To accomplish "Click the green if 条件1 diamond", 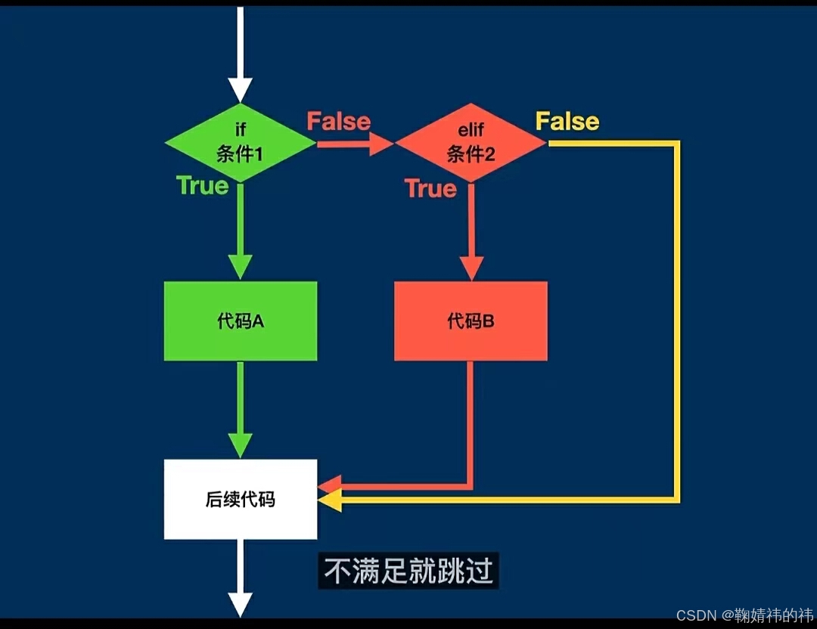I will [240, 143].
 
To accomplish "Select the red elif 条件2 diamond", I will [470, 143].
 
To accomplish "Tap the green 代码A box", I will [241, 321].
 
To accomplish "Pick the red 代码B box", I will [471, 321].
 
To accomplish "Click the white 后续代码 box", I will [241, 499].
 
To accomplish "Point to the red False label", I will [338, 122].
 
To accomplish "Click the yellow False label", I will [567, 121].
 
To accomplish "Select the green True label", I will [202, 185].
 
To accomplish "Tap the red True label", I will [430, 188].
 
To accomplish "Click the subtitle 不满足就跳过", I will [408, 571].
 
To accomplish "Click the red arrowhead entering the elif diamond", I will [381, 144].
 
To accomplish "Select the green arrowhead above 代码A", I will [241, 267].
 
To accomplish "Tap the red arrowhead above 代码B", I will [471, 267].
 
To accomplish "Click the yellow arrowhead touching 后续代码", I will [330, 500].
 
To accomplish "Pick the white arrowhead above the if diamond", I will [240, 90].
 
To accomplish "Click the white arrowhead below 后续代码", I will [240, 604].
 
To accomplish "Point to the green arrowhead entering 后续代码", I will [241, 445].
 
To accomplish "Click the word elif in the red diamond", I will [471, 131].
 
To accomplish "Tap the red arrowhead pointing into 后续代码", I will [331, 484].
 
